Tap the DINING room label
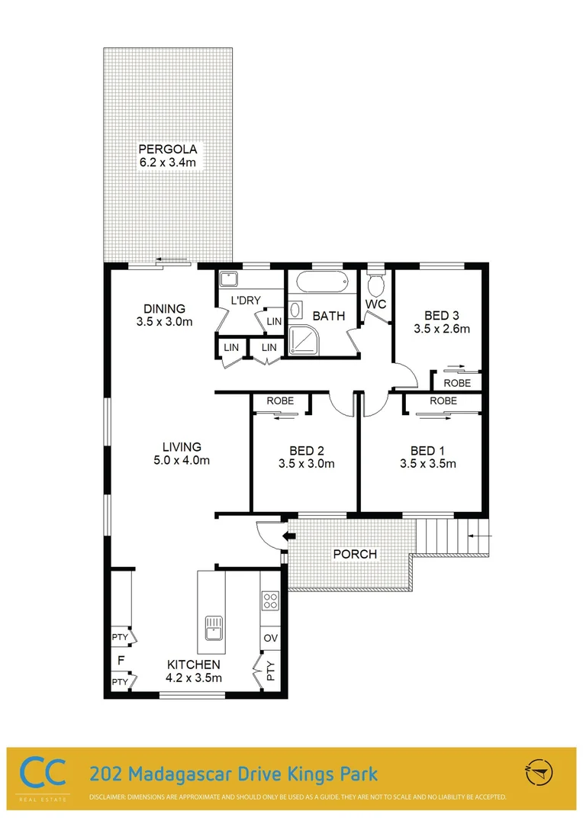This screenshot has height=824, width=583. coord(164,309)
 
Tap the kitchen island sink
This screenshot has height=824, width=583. coord(213,627)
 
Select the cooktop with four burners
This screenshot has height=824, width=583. coord(270,600)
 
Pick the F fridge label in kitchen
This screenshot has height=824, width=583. coord(120,658)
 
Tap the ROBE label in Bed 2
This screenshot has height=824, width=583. coord(281,401)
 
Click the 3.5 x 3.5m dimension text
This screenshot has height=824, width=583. coord(427,463)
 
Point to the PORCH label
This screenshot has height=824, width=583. coord(356,554)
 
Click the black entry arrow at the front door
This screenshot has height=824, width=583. coord(288,536)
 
